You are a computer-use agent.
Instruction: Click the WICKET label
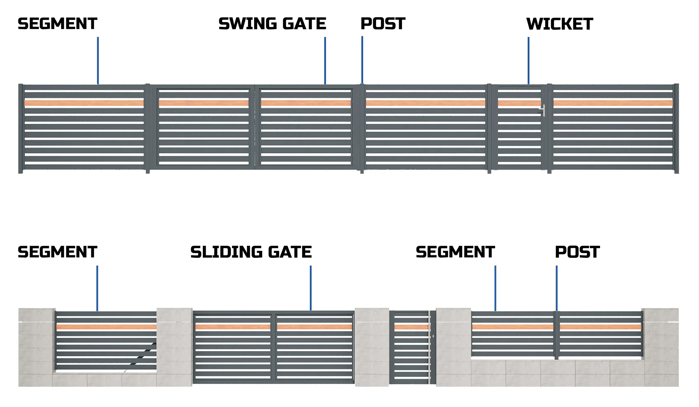tap(560, 24)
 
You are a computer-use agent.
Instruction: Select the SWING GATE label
tap(272, 24)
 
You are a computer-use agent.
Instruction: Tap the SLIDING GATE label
tap(251, 252)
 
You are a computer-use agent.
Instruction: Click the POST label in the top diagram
tap(383, 24)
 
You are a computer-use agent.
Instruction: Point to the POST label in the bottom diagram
tap(577, 252)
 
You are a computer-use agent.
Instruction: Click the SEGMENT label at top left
tap(58, 24)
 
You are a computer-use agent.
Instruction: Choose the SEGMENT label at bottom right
tap(455, 252)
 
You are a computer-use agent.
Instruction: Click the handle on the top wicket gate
tap(543, 110)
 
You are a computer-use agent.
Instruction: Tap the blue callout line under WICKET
tap(528, 60)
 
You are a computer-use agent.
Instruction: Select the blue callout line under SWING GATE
tap(325, 60)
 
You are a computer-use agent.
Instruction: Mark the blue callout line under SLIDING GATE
tap(311, 288)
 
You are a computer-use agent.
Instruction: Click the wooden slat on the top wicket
tap(519, 103)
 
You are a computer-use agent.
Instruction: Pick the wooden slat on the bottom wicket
tap(411, 327)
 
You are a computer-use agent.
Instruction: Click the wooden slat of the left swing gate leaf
tap(204, 103)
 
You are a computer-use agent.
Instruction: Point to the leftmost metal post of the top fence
tap(21, 129)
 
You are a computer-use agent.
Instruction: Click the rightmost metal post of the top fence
tap(676, 129)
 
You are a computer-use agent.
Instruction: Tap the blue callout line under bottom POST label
tap(556, 288)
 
